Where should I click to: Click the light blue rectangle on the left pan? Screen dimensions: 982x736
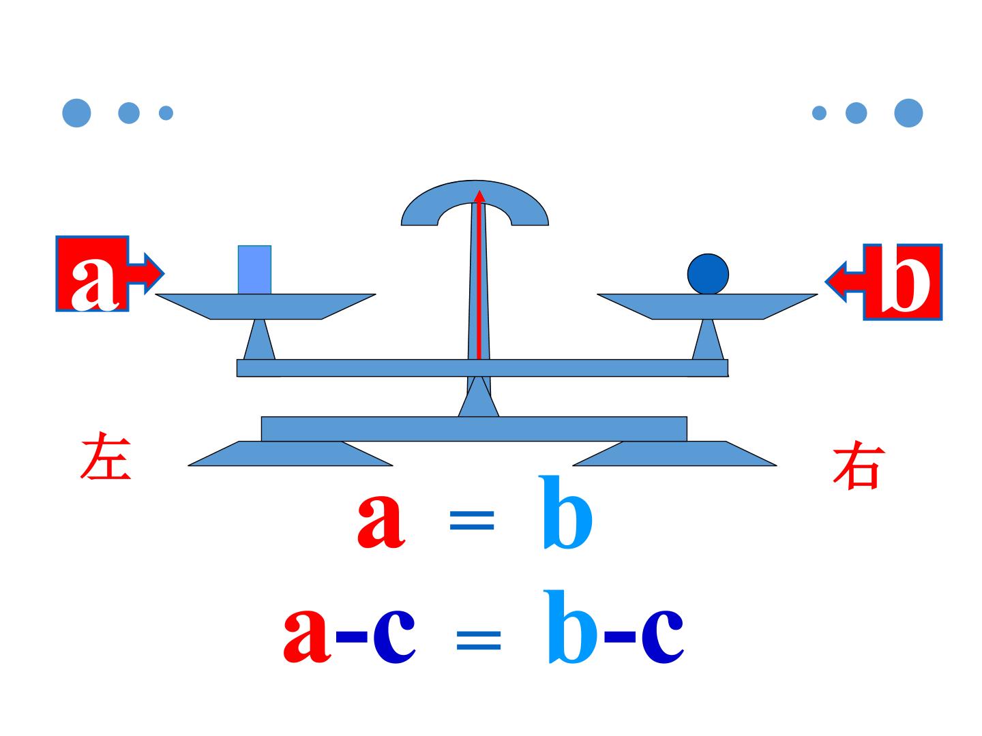(x=254, y=269)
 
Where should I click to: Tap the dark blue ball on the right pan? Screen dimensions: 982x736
(x=707, y=274)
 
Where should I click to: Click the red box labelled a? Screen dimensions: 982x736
(x=92, y=273)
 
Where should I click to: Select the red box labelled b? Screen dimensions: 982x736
(x=903, y=282)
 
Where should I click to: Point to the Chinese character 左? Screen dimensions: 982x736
(x=106, y=455)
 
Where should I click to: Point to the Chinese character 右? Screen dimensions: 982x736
(x=859, y=465)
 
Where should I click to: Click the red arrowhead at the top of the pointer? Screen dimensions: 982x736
(x=479, y=196)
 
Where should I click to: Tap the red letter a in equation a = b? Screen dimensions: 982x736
(x=381, y=521)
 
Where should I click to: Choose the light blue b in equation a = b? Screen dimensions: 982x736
(x=565, y=512)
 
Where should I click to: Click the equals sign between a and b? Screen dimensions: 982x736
(x=471, y=520)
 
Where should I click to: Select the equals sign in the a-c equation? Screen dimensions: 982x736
(x=478, y=641)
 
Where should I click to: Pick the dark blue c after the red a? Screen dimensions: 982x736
(x=394, y=636)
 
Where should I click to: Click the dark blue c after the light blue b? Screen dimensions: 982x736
(x=662, y=636)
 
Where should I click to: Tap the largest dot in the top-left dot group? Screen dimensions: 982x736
(x=76, y=112)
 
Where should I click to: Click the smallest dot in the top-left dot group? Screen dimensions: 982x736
(x=166, y=112)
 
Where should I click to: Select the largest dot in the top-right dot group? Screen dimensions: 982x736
(x=908, y=112)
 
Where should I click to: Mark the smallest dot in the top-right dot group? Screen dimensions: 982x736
(x=819, y=112)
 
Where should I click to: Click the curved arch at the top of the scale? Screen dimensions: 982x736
(x=475, y=191)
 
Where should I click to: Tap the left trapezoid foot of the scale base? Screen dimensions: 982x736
(x=291, y=454)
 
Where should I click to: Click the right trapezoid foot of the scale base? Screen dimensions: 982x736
(x=674, y=454)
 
